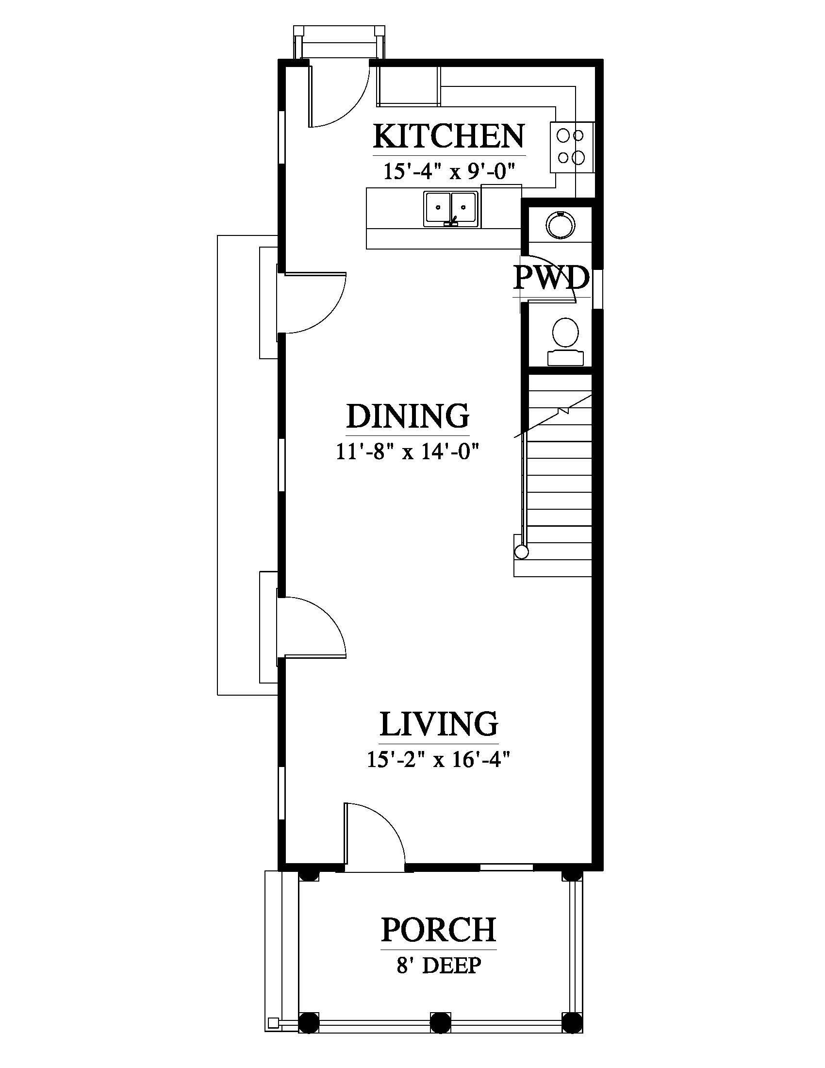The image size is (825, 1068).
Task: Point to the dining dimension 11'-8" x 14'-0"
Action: [406, 451]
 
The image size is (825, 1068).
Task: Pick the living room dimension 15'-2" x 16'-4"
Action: [439, 759]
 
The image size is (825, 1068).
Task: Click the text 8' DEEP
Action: [438, 965]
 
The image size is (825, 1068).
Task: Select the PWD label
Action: [551, 278]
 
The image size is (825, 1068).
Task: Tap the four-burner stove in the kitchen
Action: [573, 146]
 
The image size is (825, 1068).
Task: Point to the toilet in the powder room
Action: [565, 341]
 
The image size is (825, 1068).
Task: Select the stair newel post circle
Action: [522, 552]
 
